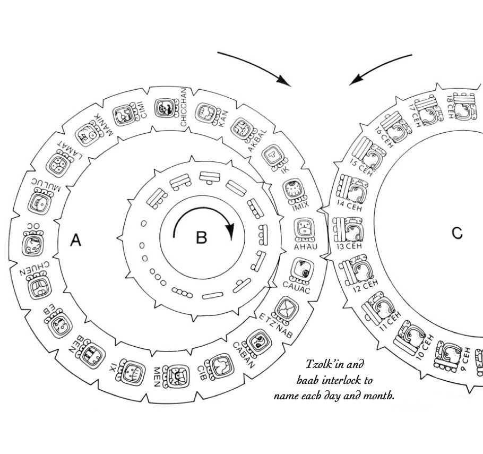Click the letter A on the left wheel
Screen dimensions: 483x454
[x=76, y=239]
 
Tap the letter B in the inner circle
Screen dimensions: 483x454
[x=202, y=238]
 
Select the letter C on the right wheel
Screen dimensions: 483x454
[x=457, y=233]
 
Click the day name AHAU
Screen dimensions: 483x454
[x=306, y=246]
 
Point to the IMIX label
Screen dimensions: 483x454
[x=300, y=206]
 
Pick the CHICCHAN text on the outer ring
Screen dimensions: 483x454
[x=184, y=107]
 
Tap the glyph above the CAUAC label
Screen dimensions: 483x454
[x=301, y=271]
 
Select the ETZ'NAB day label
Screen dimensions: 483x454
[x=275, y=325]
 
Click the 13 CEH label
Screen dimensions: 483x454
[x=349, y=246]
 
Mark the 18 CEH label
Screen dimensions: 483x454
[x=450, y=107]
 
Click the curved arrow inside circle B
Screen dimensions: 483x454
[x=204, y=209]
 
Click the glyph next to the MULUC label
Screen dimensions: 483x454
[x=40, y=203]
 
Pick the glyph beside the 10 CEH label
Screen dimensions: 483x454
[x=409, y=338]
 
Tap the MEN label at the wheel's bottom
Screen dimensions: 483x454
[x=157, y=377]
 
